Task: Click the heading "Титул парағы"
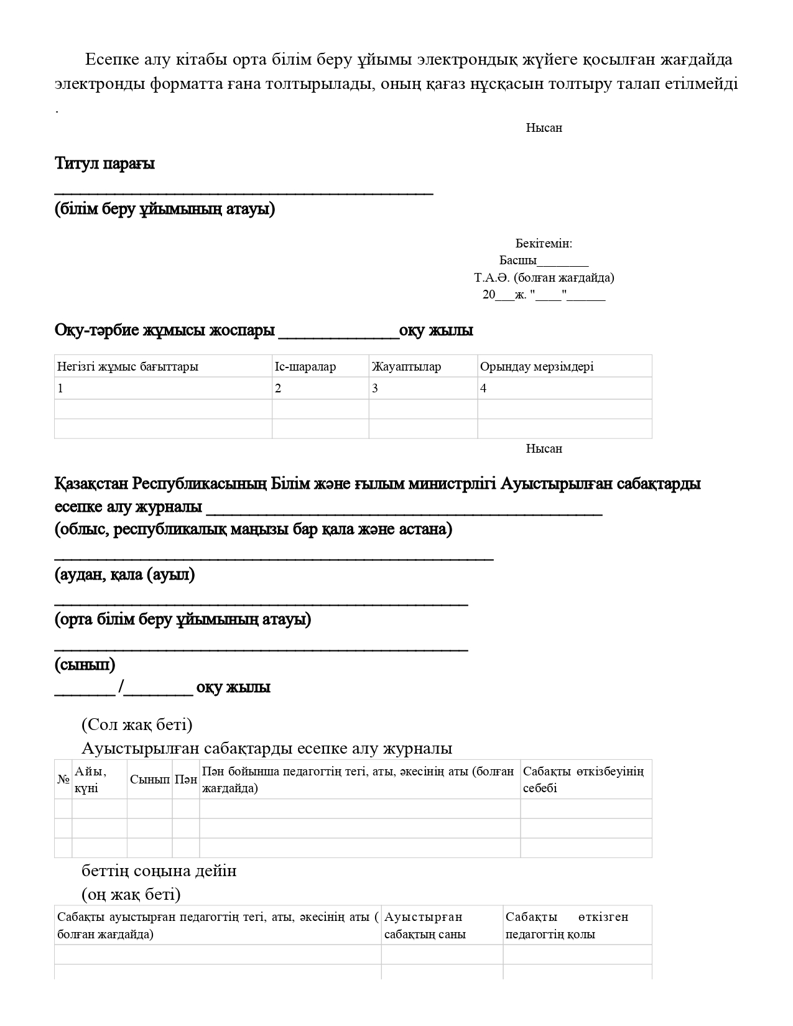pyautogui.click(x=104, y=164)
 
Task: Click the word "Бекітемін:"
pyautogui.click(x=544, y=243)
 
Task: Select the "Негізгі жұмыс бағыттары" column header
pyautogui.click(x=128, y=366)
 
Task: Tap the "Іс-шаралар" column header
pyautogui.click(x=305, y=366)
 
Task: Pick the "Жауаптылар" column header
pyautogui.click(x=407, y=366)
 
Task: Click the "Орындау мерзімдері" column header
pyautogui.click(x=537, y=366)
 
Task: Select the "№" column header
pyautogui.click(x=63, y=779)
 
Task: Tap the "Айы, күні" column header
pyautogui.click(x=91, y=780)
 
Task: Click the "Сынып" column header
pyautogui.click(x=150, y=779)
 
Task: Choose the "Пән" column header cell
pyautogui.click(x=186, y=779)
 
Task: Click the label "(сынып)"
pyautogui.click(x=85, y=665)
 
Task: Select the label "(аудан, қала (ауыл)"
pyautogui.click(x=124, y=574)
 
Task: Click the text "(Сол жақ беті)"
pyautogui.click(x=137, y=724)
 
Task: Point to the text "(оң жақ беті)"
pyautogui.click(x=131, y=894)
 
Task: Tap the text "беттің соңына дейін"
pyautogui.click(x=159, y=871)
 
